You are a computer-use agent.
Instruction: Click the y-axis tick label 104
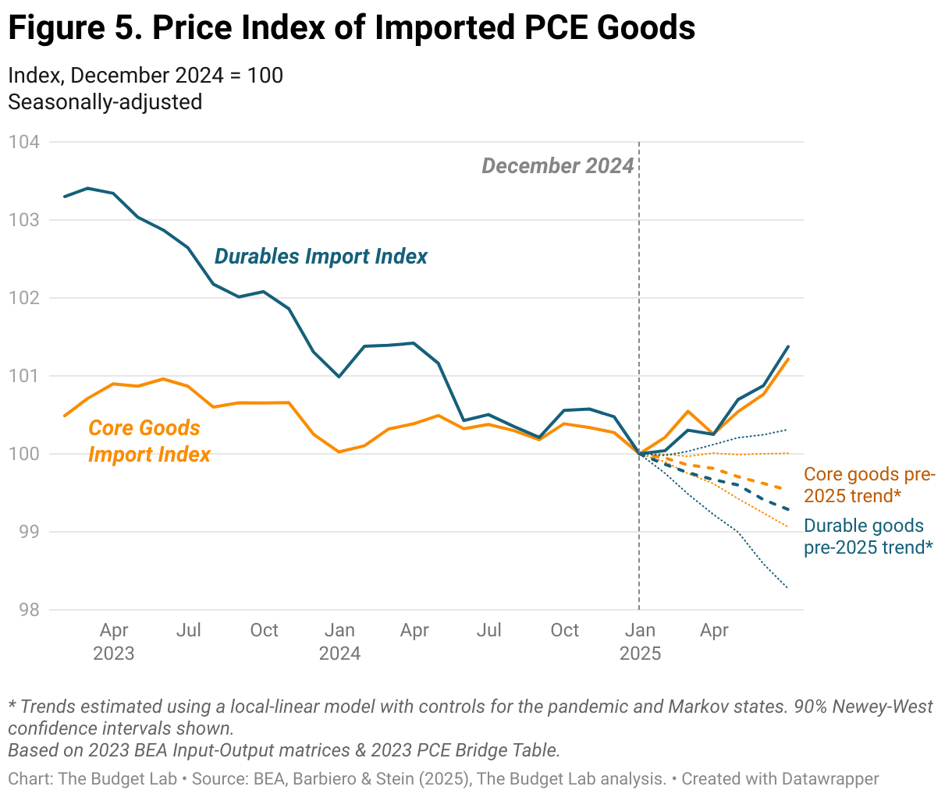[23, 142]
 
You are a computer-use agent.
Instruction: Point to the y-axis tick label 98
[27, 610]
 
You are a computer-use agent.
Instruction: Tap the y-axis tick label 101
[23, 376]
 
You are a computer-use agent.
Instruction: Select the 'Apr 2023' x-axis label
[114, 641]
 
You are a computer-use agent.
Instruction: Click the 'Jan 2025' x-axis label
[640, 641]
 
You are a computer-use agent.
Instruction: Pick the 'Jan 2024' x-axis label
[339, 641]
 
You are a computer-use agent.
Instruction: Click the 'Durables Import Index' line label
[321, 257]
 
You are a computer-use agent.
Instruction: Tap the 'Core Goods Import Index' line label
[148, 441]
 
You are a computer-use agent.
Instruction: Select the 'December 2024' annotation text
[557, 166]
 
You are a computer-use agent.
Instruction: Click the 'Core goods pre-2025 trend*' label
[869, 485]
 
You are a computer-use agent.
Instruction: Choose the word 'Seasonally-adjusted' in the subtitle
[105, 102]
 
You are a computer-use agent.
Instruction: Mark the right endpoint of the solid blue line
[788, 346]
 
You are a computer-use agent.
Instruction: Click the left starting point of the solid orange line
[65, 416]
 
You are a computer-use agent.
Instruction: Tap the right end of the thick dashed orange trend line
[787, 489]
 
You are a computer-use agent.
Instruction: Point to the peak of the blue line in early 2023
[88, 188]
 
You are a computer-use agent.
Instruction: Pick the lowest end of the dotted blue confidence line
[787, 588]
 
